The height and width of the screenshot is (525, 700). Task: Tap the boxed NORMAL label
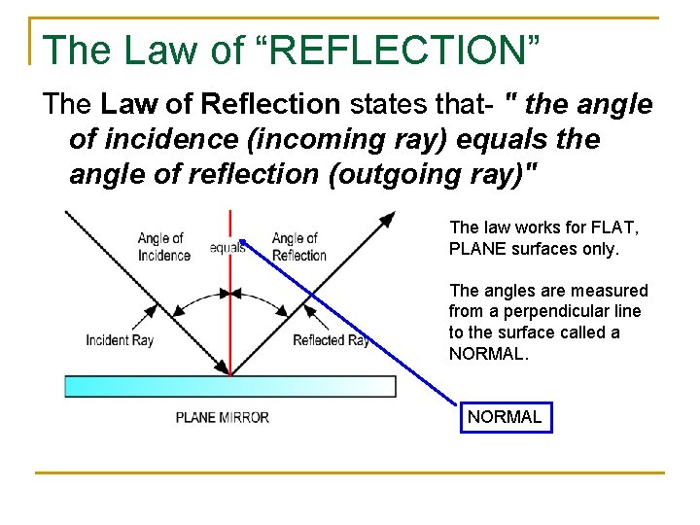tap(505, 417)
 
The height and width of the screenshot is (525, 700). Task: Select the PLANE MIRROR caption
tap(223, 418)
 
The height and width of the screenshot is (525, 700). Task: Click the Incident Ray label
tap(120, 340)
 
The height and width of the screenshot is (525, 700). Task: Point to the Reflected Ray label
tap(331, 340)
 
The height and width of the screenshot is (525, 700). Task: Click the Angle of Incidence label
tap(163, 247)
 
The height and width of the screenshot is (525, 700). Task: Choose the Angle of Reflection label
tap(298, 247)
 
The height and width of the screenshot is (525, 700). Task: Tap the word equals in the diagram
tap(227, 247)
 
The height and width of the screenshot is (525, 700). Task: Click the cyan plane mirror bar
tap(229, 386)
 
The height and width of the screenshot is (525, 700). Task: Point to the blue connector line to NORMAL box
tap(350, 321)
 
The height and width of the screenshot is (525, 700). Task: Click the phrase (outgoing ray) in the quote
tap(450, 174)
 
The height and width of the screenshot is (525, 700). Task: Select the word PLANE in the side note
tap(474, 249)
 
